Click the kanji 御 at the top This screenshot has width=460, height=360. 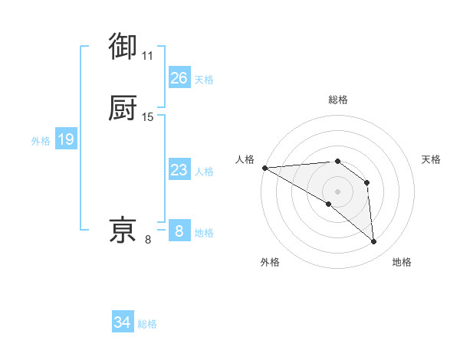tap(123, 47)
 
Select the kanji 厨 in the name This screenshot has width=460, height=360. tap(123, 109)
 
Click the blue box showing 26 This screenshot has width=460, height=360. tap(179, 78)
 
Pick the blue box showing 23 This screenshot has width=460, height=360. tap(179, 170)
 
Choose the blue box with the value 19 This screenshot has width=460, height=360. tap(66, 139)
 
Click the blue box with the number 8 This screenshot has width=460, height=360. tap(179, 231)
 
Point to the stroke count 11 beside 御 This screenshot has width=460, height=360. tap(148, 56)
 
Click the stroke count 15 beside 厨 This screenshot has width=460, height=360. tap(148, 117)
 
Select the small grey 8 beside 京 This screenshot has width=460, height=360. tap(148, 240)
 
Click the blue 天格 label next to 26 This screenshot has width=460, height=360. tap(204, 80)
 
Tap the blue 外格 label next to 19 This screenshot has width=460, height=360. tap(41, 141)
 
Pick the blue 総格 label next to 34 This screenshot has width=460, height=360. tap(147, 324)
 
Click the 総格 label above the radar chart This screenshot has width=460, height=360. tap(337, 100)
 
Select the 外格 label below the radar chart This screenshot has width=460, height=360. tap(270, 262)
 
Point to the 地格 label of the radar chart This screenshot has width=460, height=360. tap(402, 262)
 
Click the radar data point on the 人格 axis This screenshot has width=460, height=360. tap(264, 168)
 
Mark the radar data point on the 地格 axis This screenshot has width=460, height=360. tap(374, 242)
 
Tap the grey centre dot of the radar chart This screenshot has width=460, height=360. tap(337, 191)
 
